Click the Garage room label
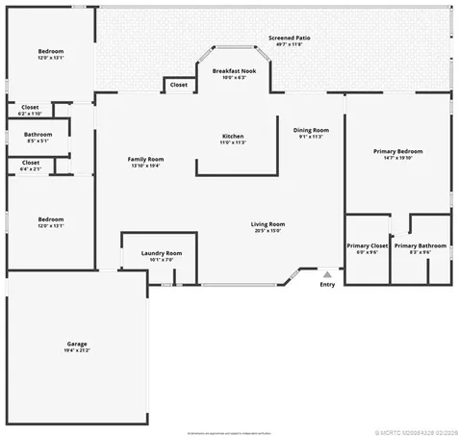77,343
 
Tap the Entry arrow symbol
327,274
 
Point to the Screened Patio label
289,38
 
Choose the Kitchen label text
233,137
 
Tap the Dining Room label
311,130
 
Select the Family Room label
146,159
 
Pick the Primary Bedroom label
397,151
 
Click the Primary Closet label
367,245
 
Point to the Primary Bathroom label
420,245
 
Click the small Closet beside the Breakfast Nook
179,85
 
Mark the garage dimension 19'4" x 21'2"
77,350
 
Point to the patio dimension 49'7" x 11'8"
289,45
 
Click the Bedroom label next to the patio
50,51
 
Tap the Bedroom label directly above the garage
50,219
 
